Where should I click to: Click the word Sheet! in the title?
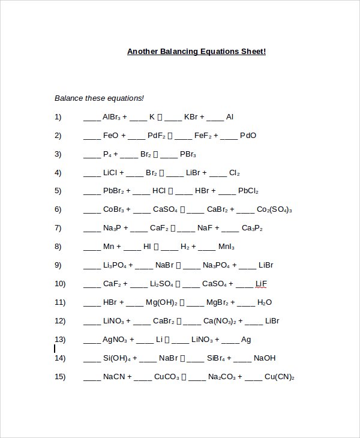pyautogui.click(x=252, y=52)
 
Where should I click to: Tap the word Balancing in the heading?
pyautogui.click(x=179, y=52)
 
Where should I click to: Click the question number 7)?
pyautogui.click(x=58, y=228)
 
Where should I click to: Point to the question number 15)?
pyautogui.click(x=60, y=377)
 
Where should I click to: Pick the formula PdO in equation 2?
pyautogui.click(x=248, y=136)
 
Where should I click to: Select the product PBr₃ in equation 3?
pyautogui.click(x=188, y=154)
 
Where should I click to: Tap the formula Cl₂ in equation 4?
pyautogui.click(x=234, y=173)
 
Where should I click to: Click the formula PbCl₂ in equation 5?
pyautogui.click(x=248, y=191)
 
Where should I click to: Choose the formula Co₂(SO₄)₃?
pyautogui.click(x=274, y=210)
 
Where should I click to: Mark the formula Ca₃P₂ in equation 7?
pyautogui.click(x=252, y=229)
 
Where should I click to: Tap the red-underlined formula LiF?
pyautogui.click(x=261, y=284)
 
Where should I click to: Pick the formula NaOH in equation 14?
pyautogui.click(x=265, y=358)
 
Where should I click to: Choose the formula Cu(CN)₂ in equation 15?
pyautogui.click(x=279, y=377)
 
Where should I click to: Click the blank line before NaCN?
pyautogui.click(x=92, y=379)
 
